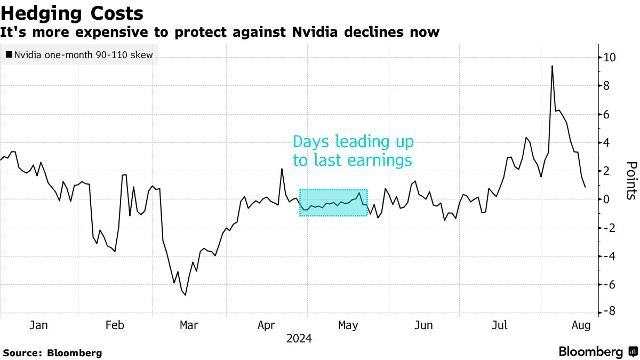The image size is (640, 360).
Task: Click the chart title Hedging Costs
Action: click(x=72, y=13)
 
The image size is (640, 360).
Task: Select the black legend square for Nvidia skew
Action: click(x=9, y=54)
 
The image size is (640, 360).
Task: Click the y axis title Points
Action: click(x=631, y=180)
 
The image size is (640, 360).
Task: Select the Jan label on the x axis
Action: click(x=39, y=325)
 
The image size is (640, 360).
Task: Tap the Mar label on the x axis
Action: click(x=189, y=325)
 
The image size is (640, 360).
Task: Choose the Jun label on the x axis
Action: click(x=423, y=325)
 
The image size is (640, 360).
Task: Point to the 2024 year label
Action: click(x=299, y=339)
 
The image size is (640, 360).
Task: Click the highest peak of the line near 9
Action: click(x=552, y=66)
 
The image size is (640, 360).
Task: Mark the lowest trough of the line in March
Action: click(x=185, y=295)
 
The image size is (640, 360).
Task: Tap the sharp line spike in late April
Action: click(x=282, y=169)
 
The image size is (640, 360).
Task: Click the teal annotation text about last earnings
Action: click(x=353, y=151)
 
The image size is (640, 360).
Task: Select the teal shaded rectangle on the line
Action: click(x=333, y=203)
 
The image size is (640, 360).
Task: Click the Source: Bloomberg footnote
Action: click(x=52, y=353)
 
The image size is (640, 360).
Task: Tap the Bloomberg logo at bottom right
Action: click(x=598, y=352)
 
